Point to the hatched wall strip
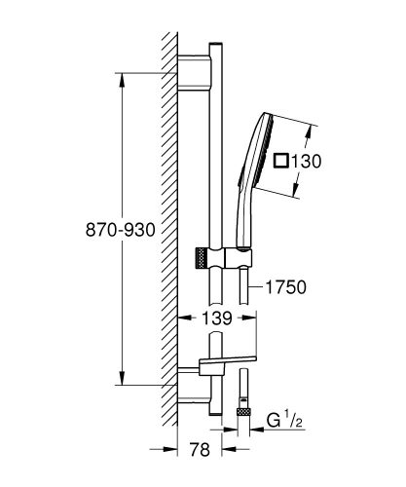pos(168,234)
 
